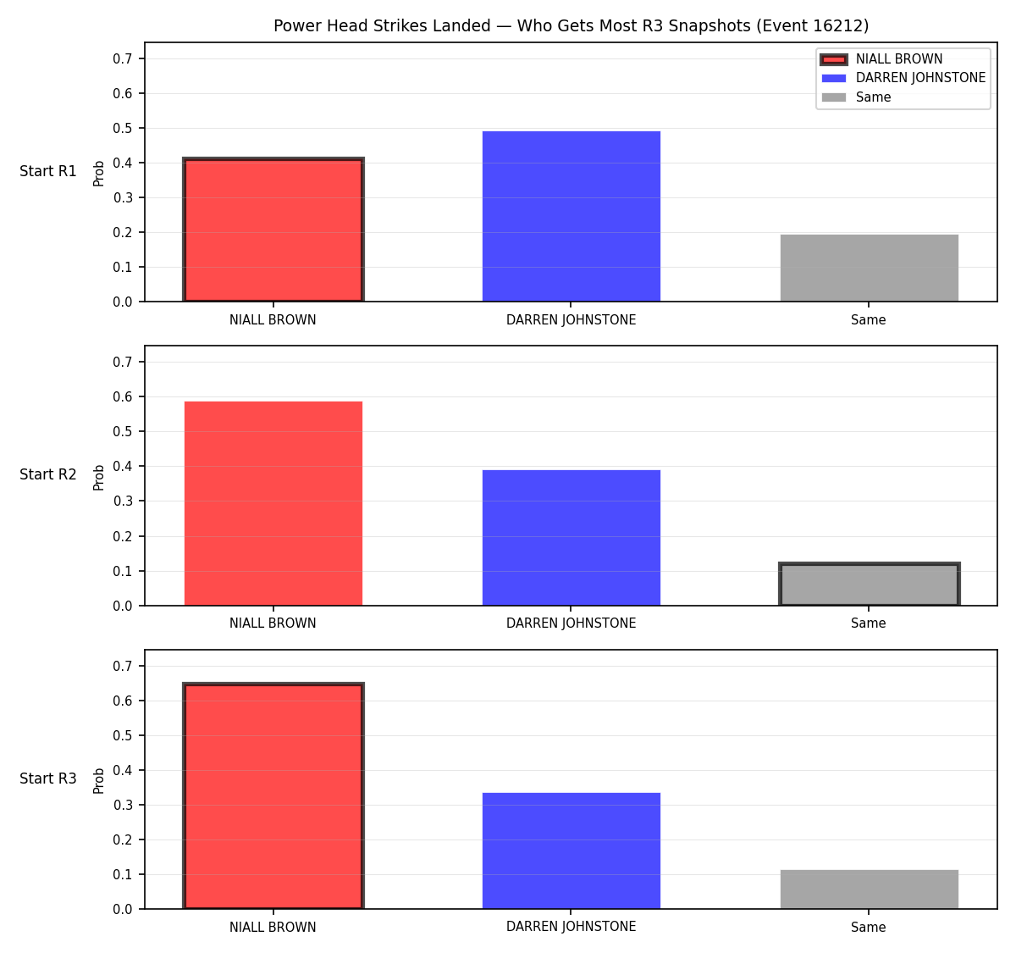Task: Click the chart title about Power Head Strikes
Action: (571, 25)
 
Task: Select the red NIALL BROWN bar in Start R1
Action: (273, 230)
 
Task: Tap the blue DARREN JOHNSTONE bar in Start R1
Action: (571, 216)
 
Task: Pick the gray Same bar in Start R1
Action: (869, 268)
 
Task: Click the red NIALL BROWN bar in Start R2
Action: (273, 503)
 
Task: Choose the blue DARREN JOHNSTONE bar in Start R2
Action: (571, 538)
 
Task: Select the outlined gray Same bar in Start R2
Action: (869, 584)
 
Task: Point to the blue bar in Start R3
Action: (571, 850)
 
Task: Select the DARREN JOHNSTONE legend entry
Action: (903, 78)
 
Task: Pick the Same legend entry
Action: (855, 97)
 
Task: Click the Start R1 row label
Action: (48, 171)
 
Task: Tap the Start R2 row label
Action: (48, 474)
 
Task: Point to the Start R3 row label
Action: (48, 778)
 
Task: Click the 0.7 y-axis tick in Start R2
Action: (122, 363)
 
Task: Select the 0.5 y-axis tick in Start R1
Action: (122, 128)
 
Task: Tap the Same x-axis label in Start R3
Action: (868, 927)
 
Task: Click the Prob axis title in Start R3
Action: (99, 781)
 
